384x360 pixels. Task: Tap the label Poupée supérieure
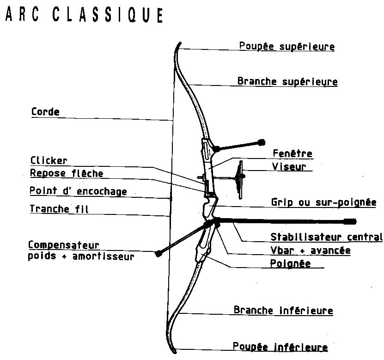click(x=286, y=47)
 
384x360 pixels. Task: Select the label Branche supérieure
click(x=287, y=82)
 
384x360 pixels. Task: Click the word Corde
click(x=45, y=112)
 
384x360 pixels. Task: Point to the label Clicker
click(x=49, y=161)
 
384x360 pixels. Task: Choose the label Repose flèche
click(x=67, y=173)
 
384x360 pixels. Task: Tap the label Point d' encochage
click(x=78, y=191)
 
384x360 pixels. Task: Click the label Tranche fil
click(x=59, y=209)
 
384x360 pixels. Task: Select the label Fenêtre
click(x=292, y=153)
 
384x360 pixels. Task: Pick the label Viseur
click(x=289, y=166)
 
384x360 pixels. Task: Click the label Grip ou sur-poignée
click(x=323, y=202)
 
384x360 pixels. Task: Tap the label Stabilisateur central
click(x=326, y=238)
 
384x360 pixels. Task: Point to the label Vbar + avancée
click(x=310, y=250)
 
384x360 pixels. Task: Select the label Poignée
click(x=290, y=263)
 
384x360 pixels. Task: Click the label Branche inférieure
click(x=283, y=310)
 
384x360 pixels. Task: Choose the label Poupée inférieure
click(x=280, y=347)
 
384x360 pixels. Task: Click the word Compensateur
click(x=63, y=244)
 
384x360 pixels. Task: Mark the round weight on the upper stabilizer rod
click(x=262, y=142)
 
